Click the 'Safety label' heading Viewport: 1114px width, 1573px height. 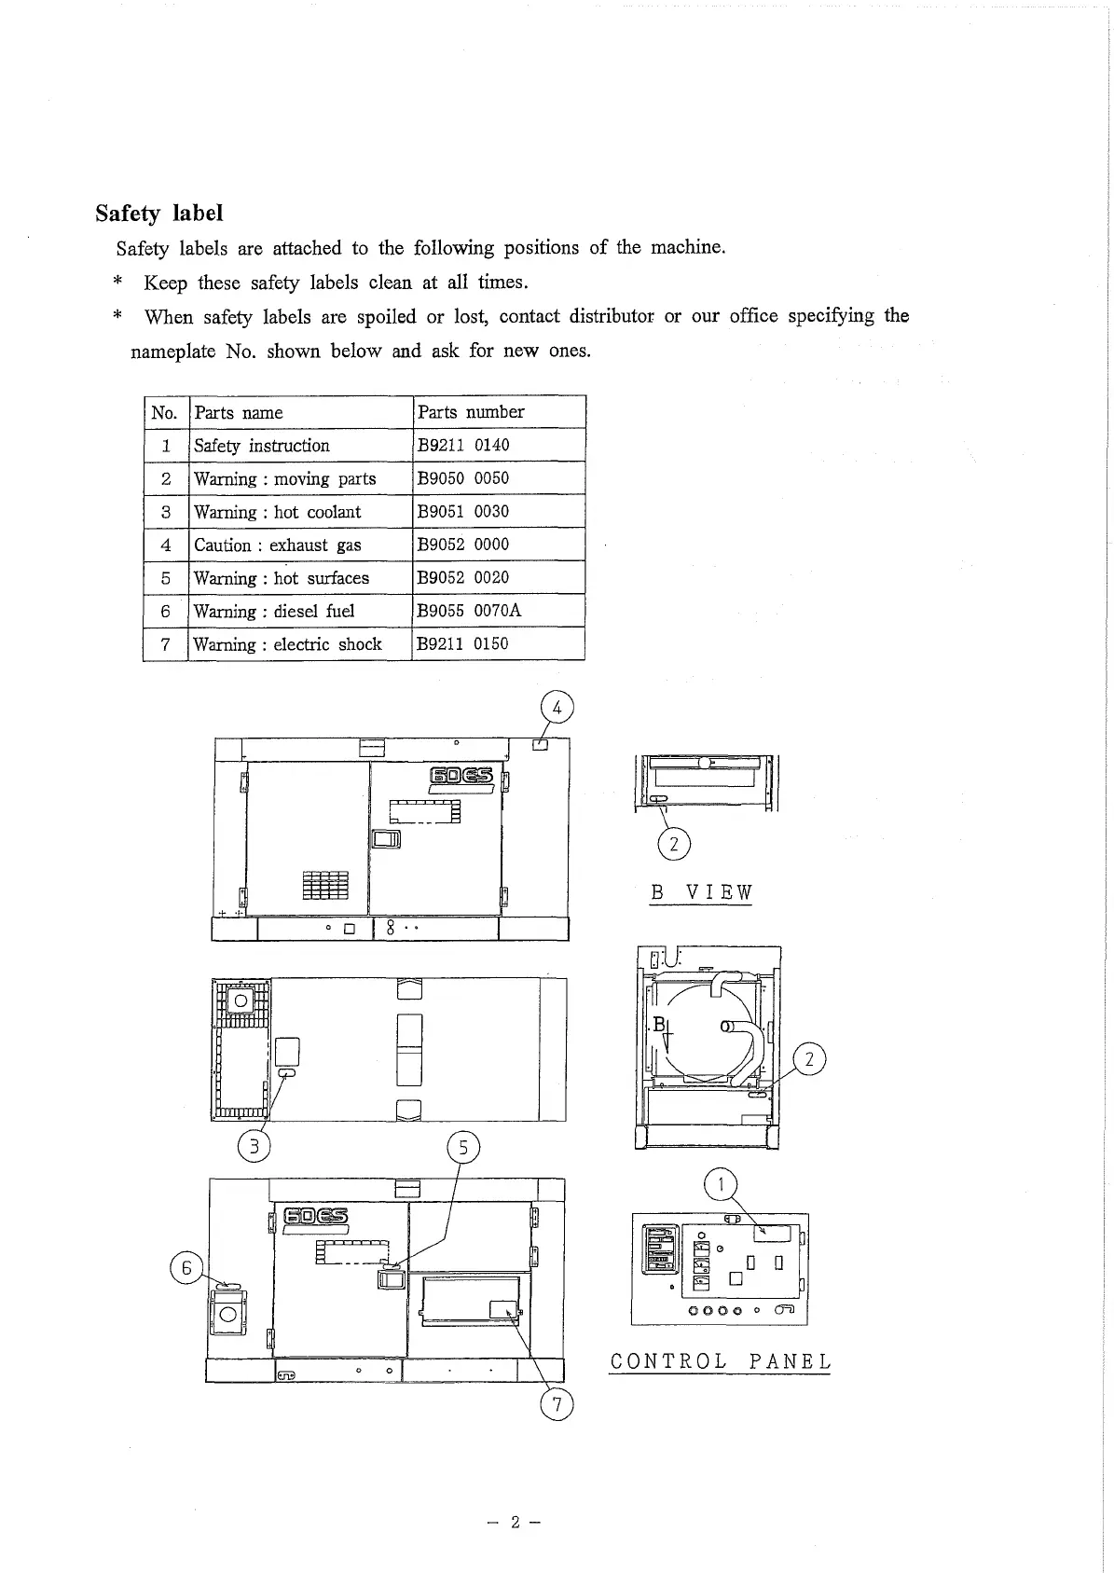[159, 214]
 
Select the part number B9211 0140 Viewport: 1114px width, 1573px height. [463, 446]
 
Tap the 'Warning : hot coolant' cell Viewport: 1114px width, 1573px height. [277, 512]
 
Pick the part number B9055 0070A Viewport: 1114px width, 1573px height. [469, 611]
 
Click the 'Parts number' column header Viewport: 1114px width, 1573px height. [471, 412]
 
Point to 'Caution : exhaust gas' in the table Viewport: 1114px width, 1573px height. [277, 545]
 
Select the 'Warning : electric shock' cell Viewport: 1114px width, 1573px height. [287, 644]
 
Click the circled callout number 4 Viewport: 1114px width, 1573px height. [557, 709]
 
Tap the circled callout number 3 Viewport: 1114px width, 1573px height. [254, 1144]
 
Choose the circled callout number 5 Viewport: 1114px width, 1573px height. [463, 1147]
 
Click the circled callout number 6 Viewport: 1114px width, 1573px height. [186, 1268]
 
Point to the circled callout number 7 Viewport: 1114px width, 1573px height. [557, 1405]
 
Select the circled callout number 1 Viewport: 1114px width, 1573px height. [720, 1185]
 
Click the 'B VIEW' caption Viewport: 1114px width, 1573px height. [701, 892]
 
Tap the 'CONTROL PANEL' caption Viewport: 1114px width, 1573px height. [720, 1361]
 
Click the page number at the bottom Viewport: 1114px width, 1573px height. [515, 1523]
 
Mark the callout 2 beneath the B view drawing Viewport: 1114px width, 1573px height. [674, 845]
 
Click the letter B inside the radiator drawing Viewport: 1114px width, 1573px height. [659, 1025]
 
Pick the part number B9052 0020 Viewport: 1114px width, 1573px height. [463, 578]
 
